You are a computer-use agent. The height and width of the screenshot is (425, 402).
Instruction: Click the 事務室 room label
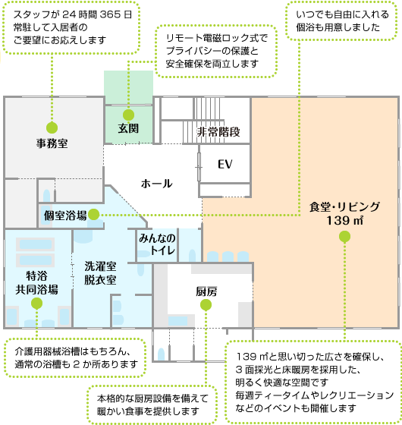pyautogui.click(x=52, y=142)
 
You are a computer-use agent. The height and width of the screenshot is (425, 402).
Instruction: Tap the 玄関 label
pyautogui.click(x=128, y=129)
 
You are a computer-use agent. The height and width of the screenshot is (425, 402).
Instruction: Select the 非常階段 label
pyautogui.click(x=218, y=132)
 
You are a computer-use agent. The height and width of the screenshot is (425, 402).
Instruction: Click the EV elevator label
pyautogui.click(x=225, y=165)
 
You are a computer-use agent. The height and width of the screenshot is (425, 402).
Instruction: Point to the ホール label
pyautogui.click(x=156, y=184)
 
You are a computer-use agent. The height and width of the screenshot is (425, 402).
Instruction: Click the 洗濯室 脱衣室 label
pyautogui.click(x=99, y=273)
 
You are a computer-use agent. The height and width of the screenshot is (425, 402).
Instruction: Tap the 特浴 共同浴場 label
pyautogui.click(x=36, y=282)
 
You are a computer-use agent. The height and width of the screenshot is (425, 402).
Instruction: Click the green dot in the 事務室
pyautogui.click(x=52, y=127)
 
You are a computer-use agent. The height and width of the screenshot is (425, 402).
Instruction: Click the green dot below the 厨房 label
pyautogui.click(x=206, y=305)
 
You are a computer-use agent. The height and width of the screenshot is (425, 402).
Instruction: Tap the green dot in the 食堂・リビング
pyautogui.click(x=344, y=238)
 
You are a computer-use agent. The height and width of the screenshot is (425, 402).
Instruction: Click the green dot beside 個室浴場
pyautogui.click(x=94, y=215)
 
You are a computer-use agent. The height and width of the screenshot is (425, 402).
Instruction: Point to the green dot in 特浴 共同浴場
pyautogui.click(x=36, y=303)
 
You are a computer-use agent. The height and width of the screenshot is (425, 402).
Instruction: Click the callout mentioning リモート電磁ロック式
pyautogui.click(x=215, y=52)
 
